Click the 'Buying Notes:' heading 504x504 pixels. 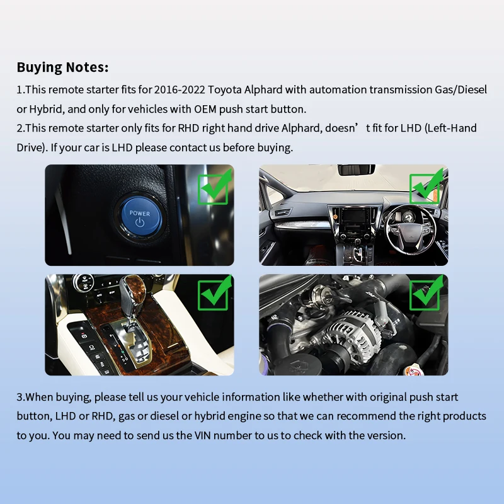pos(62,67)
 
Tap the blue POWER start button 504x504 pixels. pos(139,217)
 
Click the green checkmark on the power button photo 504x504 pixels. pos(214,188)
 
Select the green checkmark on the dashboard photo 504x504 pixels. pos(427,187)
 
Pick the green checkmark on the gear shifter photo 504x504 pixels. pos(214,294)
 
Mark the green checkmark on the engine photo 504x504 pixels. pos(427,294)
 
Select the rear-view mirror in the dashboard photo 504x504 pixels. pos(356,169)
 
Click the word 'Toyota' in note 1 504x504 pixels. pos(225,89)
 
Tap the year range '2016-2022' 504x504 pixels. pos(180,89)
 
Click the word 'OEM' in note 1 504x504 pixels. pos(205,109)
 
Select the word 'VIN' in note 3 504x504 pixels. pos(202,435)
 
